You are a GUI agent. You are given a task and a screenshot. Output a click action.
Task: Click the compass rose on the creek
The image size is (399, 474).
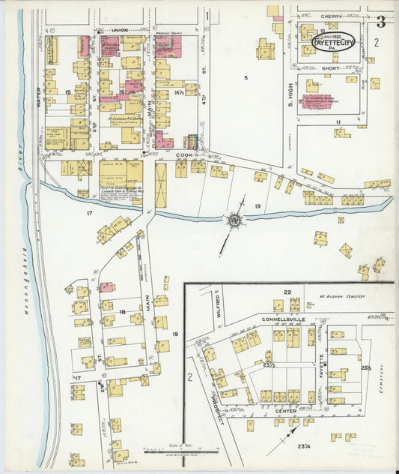pyautogui.click(x=234, y=220)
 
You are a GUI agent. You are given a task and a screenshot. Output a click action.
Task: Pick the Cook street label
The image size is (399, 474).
pyautogui.click(x=184, y=155)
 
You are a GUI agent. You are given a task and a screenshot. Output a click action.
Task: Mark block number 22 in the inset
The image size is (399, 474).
pyautogui.click(x=286, y=292)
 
